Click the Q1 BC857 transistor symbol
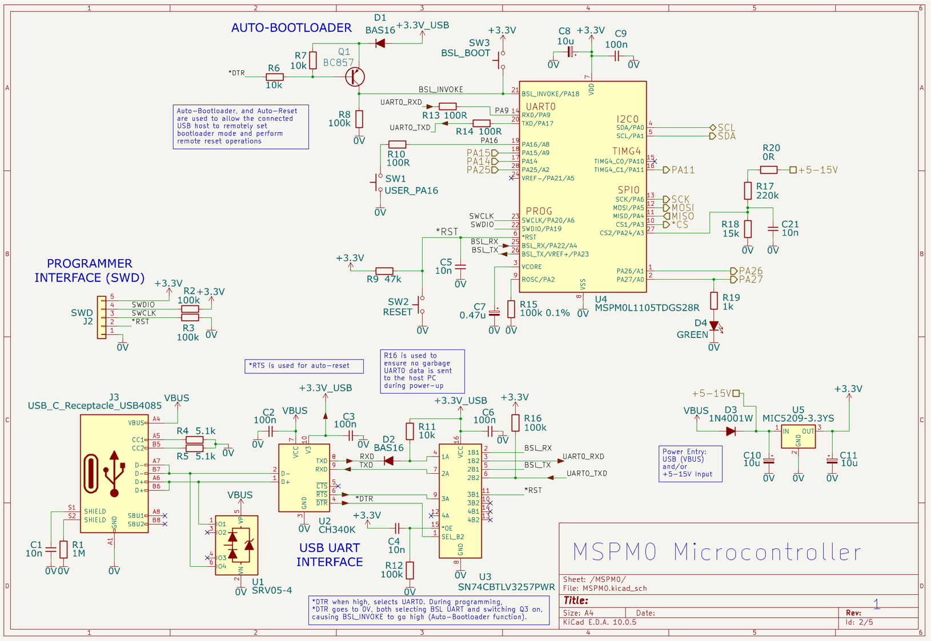point(355,77)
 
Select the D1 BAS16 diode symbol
point(380,43)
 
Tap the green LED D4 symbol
point(714,326)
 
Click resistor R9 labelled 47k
point(384,271)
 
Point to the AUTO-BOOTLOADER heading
point(291,28)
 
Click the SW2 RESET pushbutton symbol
point(420,305)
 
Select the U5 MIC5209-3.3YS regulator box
point(798,437)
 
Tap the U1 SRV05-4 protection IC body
point(236,546)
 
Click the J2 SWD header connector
point(102,317)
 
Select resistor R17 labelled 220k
point(748,191)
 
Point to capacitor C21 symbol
point(773,229)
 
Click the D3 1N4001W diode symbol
point(731,432)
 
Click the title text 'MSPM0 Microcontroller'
point(717,552)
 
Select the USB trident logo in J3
point(114,473)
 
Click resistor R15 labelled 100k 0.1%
point(511,309)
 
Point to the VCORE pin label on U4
point(532,267)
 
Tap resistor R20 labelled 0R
point(768,170)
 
